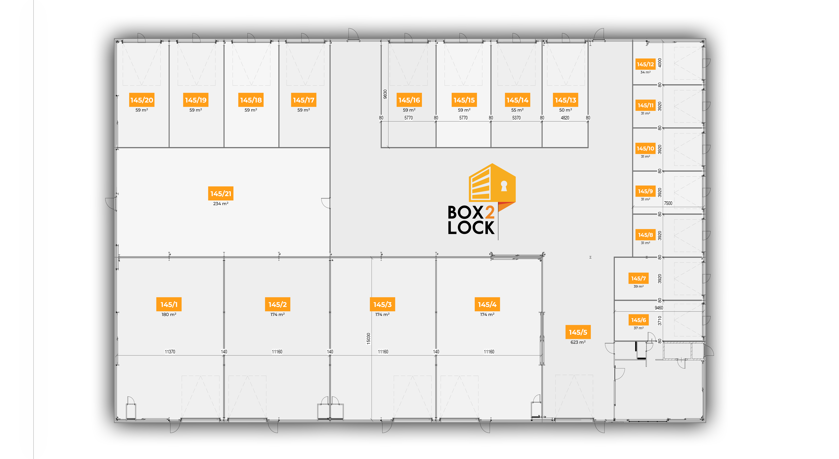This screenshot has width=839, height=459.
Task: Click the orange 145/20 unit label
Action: tap(142, 100)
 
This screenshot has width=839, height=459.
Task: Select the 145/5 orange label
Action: tap(578, 332)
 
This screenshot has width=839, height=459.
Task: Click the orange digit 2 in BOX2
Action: tap(490, 213)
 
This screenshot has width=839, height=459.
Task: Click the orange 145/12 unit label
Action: tap(645, 64)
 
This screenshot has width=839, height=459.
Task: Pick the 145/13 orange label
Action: tap(565, 100)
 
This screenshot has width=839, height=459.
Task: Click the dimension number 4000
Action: tap(660, 63)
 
